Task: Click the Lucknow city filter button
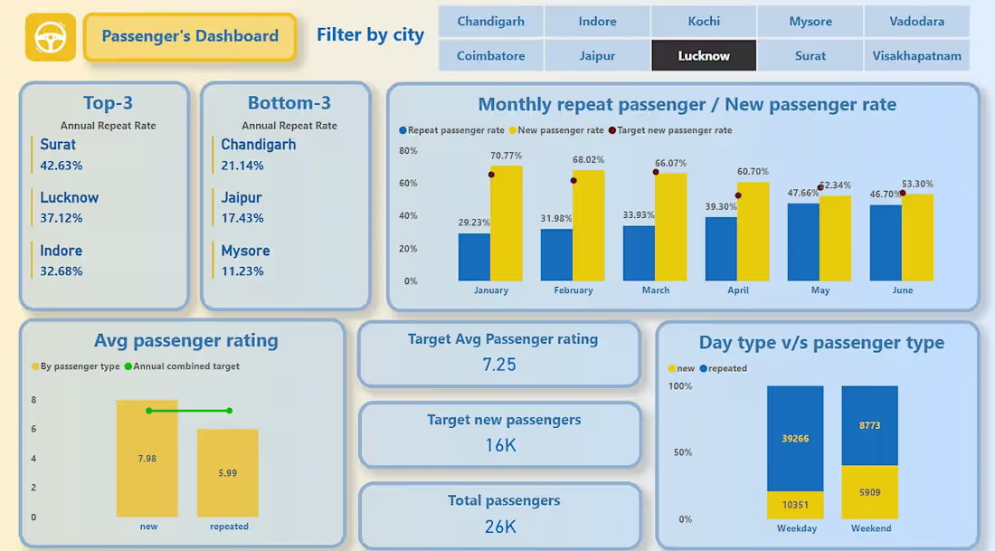click(x=704, y=56)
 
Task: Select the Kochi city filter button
click(x=704, y=22)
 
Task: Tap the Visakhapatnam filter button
click(x=916, y=56)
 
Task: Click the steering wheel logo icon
click(x=50, y=37)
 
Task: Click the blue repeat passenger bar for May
click(x=803, y=242)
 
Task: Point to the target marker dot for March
click(x=656, y=172)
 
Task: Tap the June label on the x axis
click(x=902, y=290)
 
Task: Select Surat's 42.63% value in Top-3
click(x=62, y=166)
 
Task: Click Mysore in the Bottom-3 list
click(x=245, y=251)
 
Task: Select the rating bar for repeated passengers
click(x=228, y=472)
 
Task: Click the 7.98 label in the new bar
click(x=147, y=459)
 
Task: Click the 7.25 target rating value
click(x=499, y=365)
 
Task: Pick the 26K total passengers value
click(x=500, y=526)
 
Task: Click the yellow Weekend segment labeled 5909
click(x=869, y=492)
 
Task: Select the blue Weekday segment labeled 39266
click(x=795, y=439)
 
